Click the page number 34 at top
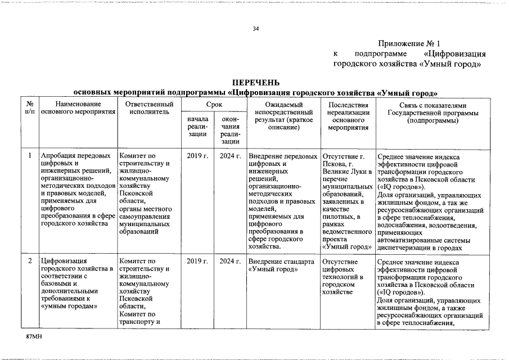coord(256,29)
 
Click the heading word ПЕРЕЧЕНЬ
coord(256,83)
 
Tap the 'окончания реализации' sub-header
coord(230,130)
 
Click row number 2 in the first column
coord(30,262)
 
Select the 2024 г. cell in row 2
coord(230,262)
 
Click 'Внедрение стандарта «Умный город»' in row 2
coord(281,265)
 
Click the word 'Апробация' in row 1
coord(58,156)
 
